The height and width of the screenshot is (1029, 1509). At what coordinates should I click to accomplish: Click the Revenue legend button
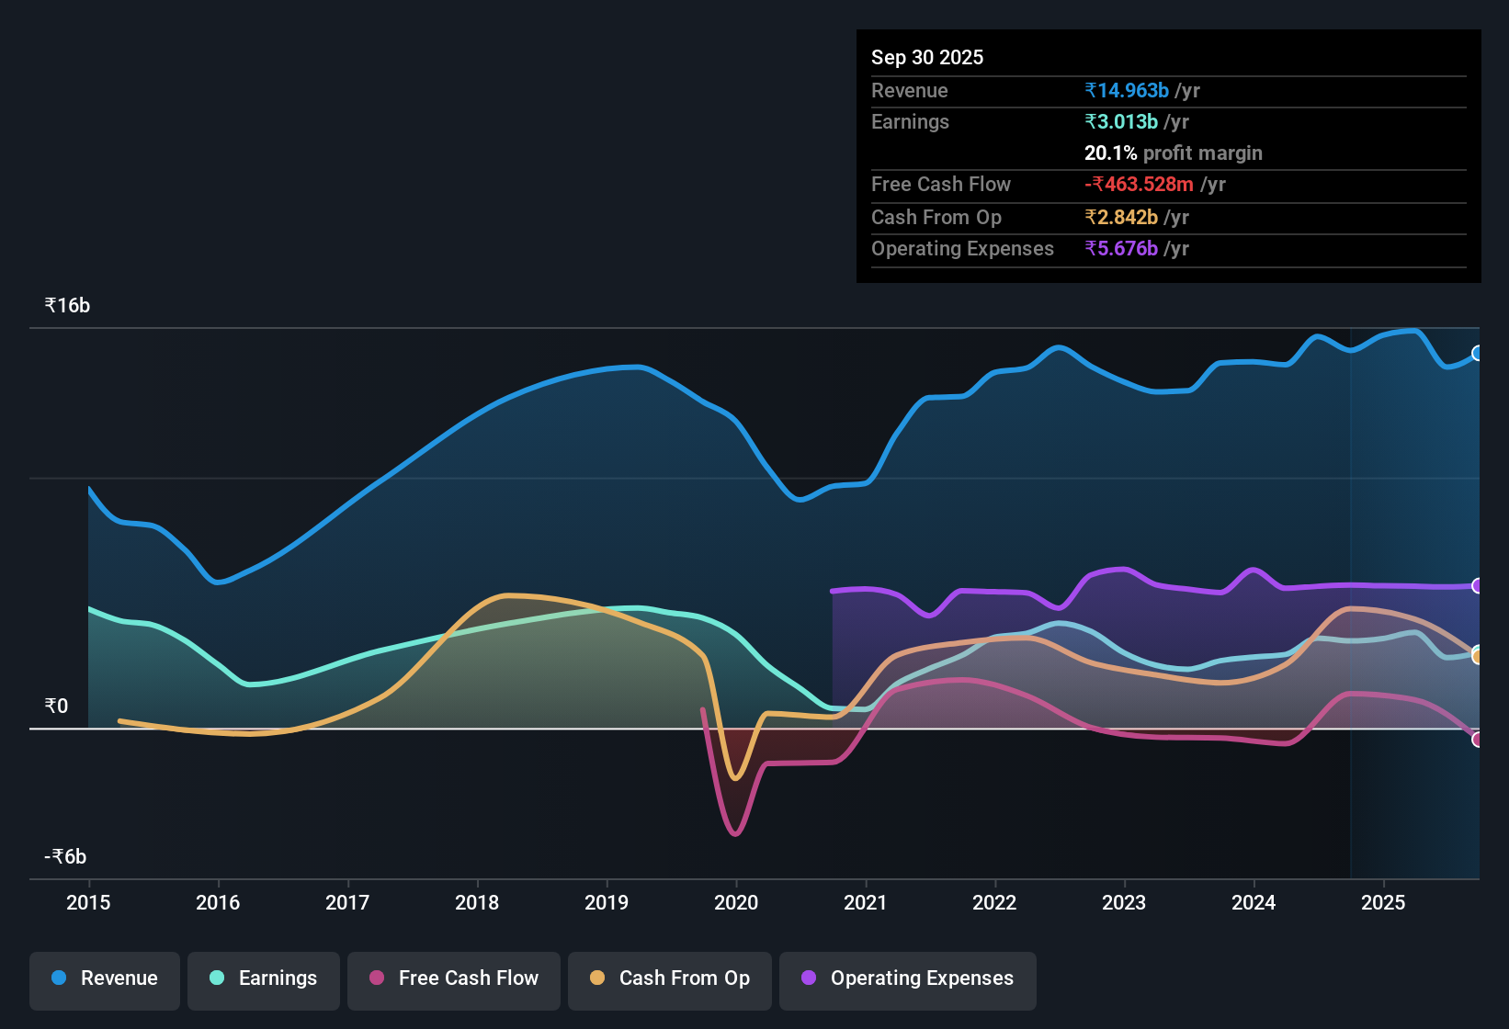coord(105,978)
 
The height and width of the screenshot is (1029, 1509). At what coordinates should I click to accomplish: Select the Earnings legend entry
coord(264,978)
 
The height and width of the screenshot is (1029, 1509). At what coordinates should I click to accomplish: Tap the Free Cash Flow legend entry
coord(454,978)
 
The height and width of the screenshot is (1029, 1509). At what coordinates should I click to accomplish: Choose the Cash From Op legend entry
coord(670,978)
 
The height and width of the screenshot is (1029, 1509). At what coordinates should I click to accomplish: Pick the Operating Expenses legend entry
coord(908,978)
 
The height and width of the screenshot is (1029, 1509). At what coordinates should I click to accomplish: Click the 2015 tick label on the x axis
coord(88,903)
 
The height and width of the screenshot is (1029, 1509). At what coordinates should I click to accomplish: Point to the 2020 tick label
coord(736,903)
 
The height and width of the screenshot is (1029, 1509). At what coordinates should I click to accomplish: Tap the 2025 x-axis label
coord(1383,903)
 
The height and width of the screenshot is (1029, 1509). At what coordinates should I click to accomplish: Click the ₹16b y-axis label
coord(67,306)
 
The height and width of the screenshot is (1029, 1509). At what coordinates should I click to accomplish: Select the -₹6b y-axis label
coord(65,857)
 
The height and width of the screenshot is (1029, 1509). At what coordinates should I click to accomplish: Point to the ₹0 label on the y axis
coord(56,707)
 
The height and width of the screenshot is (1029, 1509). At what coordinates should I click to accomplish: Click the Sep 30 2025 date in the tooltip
coord(927,58)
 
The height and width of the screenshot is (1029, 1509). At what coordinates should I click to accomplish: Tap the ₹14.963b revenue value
coord(1127,91)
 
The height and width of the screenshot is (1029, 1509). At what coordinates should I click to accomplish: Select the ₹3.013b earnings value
coord(1121,122)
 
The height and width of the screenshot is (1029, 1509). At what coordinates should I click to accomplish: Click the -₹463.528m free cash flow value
coord(1139,185)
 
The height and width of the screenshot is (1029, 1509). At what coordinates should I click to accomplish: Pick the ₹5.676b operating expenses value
coord(1121,249)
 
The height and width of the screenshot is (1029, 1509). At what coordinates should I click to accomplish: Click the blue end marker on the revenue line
coord(1477,354)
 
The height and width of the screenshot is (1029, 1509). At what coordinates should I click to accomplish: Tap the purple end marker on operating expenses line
coord(1477,586)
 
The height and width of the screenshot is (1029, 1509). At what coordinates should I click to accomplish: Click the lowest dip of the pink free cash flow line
coord(735,833)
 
